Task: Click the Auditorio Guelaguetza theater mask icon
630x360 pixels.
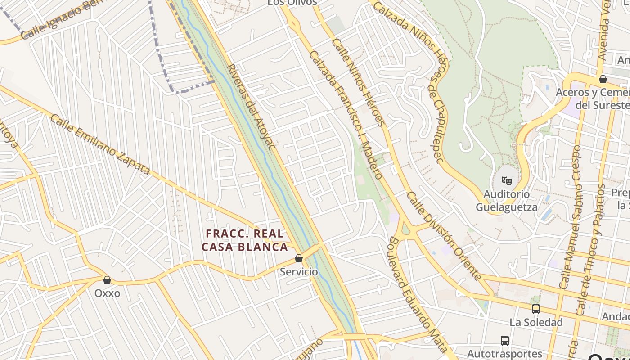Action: point(507,180)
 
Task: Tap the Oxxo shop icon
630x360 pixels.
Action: point(107,280)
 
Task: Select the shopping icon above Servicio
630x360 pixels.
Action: point(298,258)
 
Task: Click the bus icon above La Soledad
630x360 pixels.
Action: point(535,309)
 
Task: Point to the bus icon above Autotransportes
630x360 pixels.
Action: point(505,340)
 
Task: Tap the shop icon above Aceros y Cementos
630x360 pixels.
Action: point(603,79)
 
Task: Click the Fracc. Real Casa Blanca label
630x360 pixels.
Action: point(245,240)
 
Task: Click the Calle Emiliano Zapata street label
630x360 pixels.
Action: point(99,144)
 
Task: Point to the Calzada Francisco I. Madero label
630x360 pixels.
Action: point(346,115)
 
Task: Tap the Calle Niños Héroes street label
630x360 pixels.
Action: point(359,82)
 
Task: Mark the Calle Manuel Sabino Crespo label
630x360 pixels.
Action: point(570,217)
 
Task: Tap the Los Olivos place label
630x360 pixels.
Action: point(292,3)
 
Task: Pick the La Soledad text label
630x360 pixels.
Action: point(536,322)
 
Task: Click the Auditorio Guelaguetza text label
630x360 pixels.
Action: point(507,201)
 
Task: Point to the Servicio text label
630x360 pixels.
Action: point(299,272)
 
